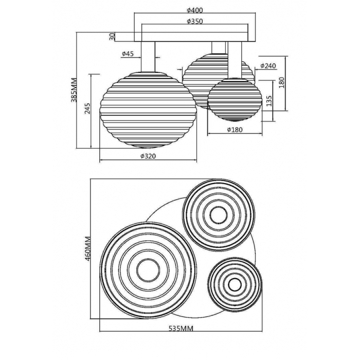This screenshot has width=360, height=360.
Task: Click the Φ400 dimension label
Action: (195, 10)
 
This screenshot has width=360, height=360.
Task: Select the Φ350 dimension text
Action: (195, 22)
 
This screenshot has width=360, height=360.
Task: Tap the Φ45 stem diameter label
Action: (128, 53)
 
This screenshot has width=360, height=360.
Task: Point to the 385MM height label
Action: (75, 90)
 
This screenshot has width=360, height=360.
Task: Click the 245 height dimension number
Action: (87, 109)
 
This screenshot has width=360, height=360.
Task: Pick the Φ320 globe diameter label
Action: (148, 156)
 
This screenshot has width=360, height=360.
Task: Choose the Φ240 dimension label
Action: (268, 66)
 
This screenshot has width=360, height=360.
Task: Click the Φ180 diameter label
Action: (235, 130)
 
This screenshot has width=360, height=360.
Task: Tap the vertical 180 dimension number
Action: (282, 83)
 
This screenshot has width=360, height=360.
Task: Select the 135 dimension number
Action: (269, 101)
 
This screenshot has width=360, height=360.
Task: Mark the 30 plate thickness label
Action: (112, 37)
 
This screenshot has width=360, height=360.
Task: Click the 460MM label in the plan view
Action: (88, 248)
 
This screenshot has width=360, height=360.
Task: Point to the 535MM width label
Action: (181, 329)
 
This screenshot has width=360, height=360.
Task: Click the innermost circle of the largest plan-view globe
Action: (148, 271)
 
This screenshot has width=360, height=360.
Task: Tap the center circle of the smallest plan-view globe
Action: (235, 285)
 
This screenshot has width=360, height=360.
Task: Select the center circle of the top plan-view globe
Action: (219, 215)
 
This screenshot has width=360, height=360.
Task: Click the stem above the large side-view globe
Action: (148, 57)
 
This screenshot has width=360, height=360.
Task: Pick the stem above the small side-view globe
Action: (235, 60)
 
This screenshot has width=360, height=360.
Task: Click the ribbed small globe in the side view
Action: (235, 99)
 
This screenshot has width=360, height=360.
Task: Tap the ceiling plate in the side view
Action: (195, 37)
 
